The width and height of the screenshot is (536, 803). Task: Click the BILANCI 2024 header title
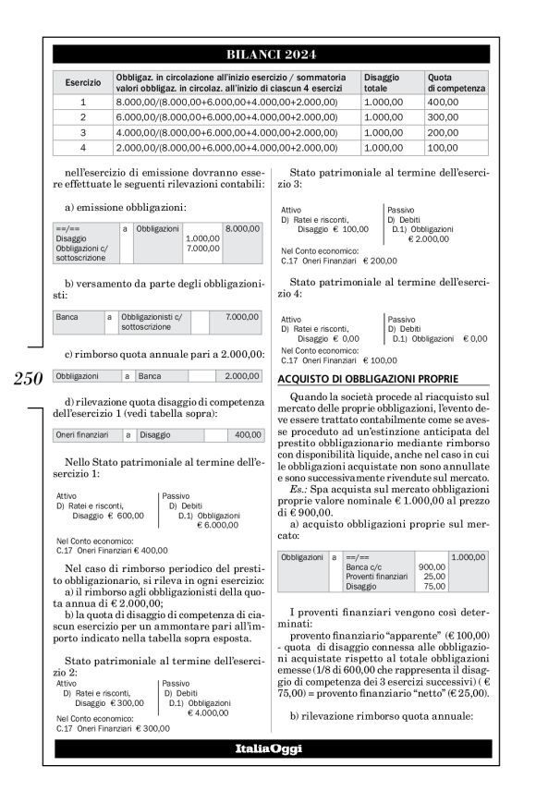(268, 53)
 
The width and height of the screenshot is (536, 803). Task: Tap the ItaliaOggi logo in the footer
(268, 748)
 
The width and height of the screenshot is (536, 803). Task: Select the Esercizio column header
(83, 82)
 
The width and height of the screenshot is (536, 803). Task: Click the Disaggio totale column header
(382, 82)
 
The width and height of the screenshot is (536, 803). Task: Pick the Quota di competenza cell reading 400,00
(443, 103)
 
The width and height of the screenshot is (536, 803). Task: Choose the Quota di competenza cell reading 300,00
(443, 117)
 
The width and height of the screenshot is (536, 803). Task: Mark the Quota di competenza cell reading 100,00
(443, 147)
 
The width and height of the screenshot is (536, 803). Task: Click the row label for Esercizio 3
(83, 132)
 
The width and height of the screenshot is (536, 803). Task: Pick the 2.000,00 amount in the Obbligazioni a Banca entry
(242, 377)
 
